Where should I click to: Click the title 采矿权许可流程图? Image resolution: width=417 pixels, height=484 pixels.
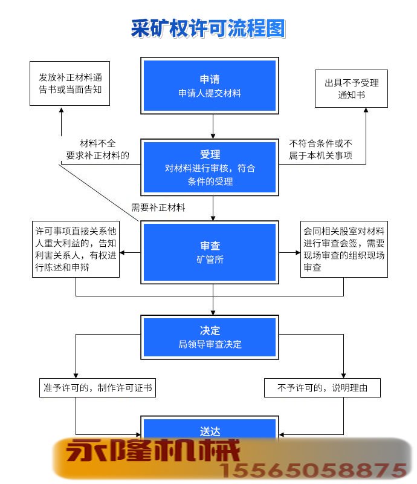pyautogui.click(x=208, y=29)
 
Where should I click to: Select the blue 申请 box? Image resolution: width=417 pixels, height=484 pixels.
pyautogui.click(x=210, y=85)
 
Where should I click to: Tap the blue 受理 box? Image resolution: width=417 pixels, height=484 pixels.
pyautogui.click(x=210, y=168)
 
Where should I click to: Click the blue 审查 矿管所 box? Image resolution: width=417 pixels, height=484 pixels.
pyautogui.click(x=210, y=252)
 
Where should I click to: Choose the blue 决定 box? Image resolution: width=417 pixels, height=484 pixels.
pyautogui.click(x=210, y=337)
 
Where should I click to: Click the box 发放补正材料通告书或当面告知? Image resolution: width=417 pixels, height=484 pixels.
pyautogui.click(x=70, y=84)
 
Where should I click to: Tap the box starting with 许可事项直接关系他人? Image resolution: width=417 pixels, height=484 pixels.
pyautogui.click(x=76, y=249)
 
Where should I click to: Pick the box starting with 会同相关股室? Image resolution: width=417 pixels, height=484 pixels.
pyautogui.click(x=344, y=249)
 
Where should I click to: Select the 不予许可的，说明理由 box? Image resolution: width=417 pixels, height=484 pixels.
pyautogui.click(x=322, y=387)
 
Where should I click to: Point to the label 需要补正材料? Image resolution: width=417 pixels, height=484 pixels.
pyautogui.click(x=158, y=208)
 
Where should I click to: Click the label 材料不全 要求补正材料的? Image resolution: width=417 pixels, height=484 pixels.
pyautogui.click(x=97, y=149)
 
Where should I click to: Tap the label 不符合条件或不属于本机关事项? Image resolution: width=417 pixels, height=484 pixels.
pyautogui.click(x=320, y=149)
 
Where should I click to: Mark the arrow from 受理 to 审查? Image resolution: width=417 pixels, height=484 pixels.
pyautogui.click(x=213, y=209)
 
